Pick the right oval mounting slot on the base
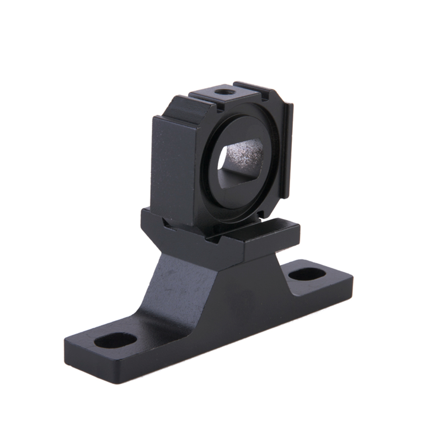pos(306,274)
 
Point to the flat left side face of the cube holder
pos(175,164)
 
